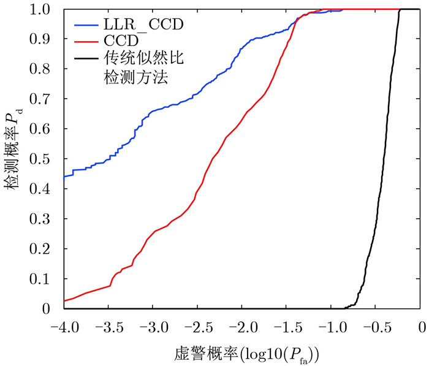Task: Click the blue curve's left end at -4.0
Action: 64,177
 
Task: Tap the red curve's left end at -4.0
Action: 64,300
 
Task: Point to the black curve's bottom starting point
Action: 344,308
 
